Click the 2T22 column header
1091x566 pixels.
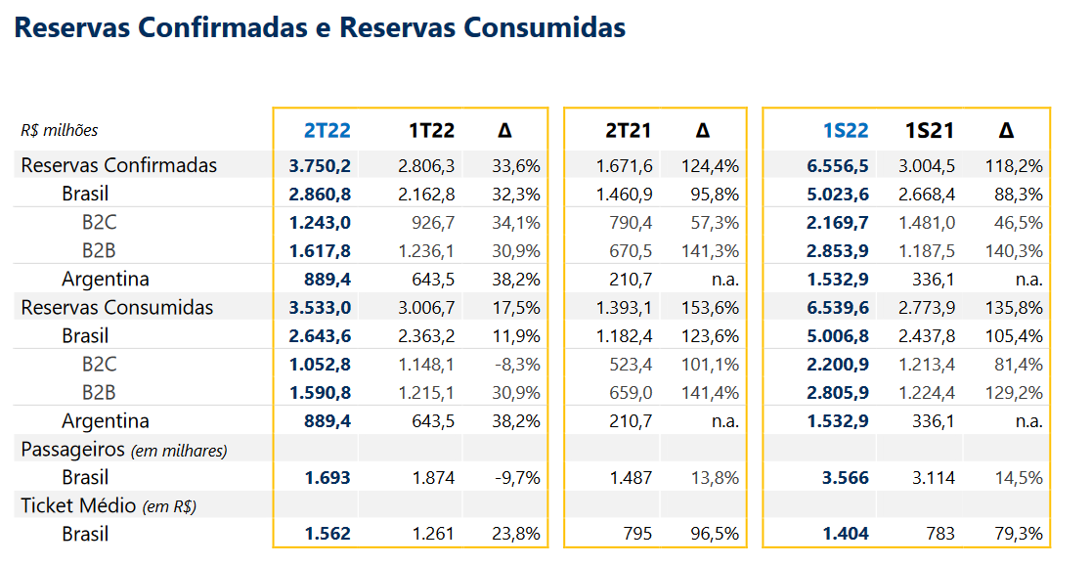point(327,131)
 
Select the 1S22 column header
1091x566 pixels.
point(845,131)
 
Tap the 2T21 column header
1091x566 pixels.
point(628,131)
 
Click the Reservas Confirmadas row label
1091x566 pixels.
point(118,165)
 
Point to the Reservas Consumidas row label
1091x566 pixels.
point(116,308)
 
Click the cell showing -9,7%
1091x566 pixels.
point(516,478)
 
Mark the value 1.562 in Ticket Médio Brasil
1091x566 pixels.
point(327,535)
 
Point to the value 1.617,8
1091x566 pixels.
point(320,251)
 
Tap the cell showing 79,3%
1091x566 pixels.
point(1019,535)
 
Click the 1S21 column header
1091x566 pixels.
point(930,131)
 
